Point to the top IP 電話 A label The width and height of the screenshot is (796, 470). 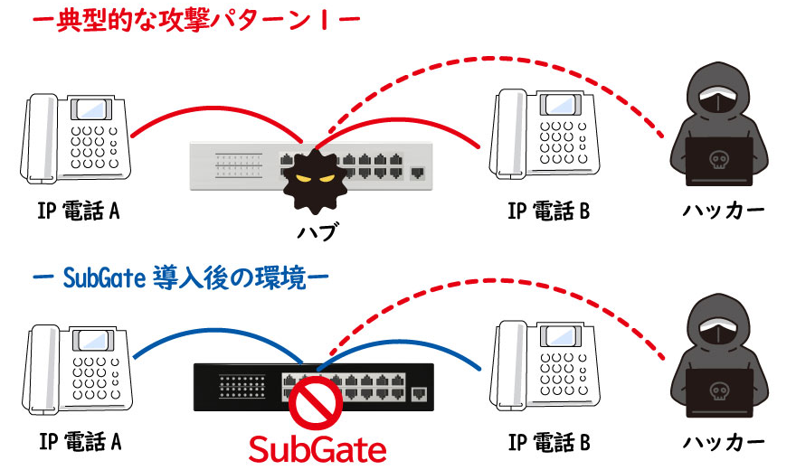pos(80,211)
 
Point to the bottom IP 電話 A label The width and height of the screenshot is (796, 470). pos(80,442)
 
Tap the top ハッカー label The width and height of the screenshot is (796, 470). pos(723,211)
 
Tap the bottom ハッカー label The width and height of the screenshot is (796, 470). pos(723,442)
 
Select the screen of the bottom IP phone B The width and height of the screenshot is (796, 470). pos(560,340)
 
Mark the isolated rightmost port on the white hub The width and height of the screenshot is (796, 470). pos(417,172)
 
